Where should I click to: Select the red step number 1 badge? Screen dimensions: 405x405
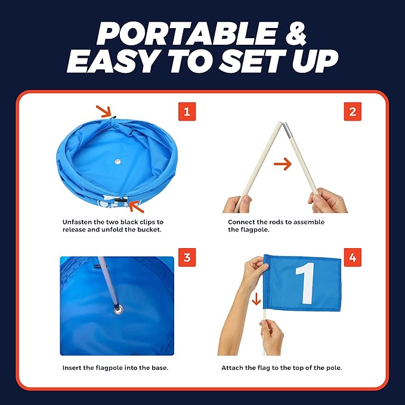[x=187, y=112]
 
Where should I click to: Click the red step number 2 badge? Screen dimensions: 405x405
[x=353, y=112]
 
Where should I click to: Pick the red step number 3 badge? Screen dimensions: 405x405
[x=187, y=258]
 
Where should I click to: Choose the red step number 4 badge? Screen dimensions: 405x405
[x=353, y=258]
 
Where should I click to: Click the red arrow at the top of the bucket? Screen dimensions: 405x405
[x=105, y=110]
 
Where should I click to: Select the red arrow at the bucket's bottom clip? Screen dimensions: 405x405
[x=136, y=206]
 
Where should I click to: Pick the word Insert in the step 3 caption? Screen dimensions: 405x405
[x=72, y=368]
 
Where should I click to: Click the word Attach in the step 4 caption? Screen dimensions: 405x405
[x=233, y=368]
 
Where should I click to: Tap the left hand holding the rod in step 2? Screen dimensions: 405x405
[x=236, y=203]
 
